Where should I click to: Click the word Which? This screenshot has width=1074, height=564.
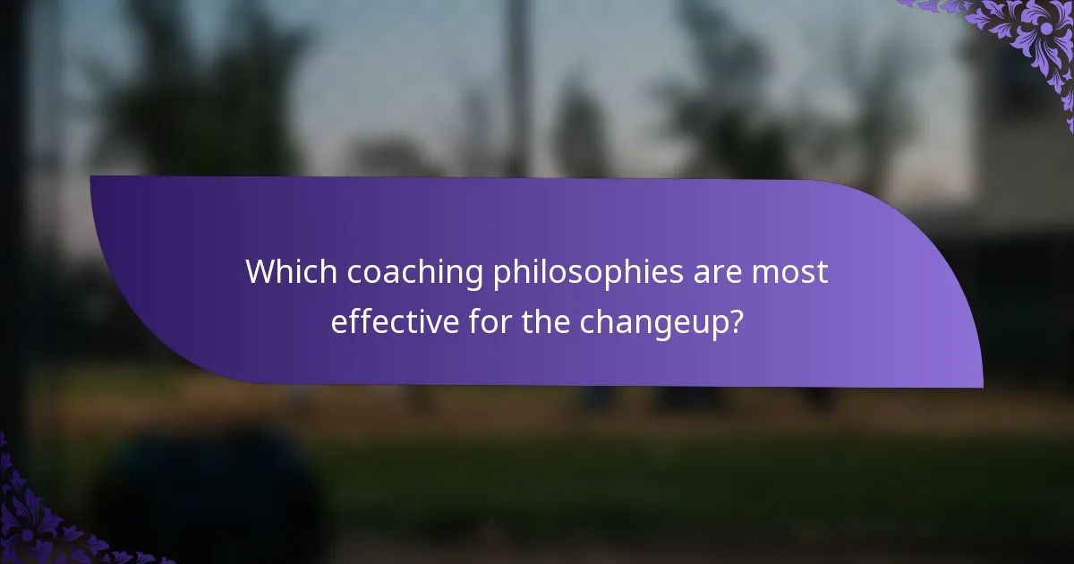pyautogui.click(x=291, y=272)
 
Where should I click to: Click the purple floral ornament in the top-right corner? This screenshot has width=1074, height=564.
pyautogui.click(x=1029, y=36)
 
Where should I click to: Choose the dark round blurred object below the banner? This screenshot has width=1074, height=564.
pyautogui.click(x=210, y=492)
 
